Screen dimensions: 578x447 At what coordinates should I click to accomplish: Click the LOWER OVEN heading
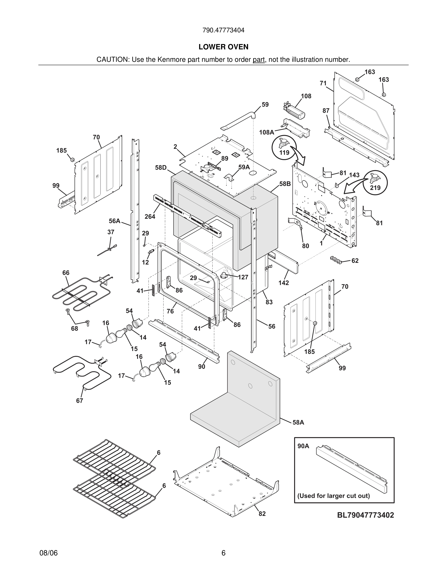[x=223, y=47]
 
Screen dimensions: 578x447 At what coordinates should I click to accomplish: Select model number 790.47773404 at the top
[x=223, y=30]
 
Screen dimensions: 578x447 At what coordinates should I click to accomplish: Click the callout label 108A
[x=266, y=132]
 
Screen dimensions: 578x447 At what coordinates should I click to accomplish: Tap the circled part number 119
[x=284, y=153]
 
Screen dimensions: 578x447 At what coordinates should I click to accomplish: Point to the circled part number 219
[x=375, y=188]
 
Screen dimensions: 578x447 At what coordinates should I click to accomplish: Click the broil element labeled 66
[x=79, y=294]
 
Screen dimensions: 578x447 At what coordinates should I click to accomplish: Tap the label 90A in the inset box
[x=303, y=446]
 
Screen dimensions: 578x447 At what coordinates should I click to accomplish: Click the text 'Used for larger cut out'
[x=333, y=496]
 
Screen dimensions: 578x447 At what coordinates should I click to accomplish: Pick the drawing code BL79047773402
[x=365, y=515]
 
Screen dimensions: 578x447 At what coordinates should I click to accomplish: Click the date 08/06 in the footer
[x=48, y=553]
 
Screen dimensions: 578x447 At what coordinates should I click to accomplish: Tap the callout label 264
[x=150, y=217]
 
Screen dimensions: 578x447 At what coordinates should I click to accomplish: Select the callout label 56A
[x=114, y=221]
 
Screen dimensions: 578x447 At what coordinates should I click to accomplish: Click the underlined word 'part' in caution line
[x=259, y=60]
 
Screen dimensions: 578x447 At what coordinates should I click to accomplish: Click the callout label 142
[x=284, y=283]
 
